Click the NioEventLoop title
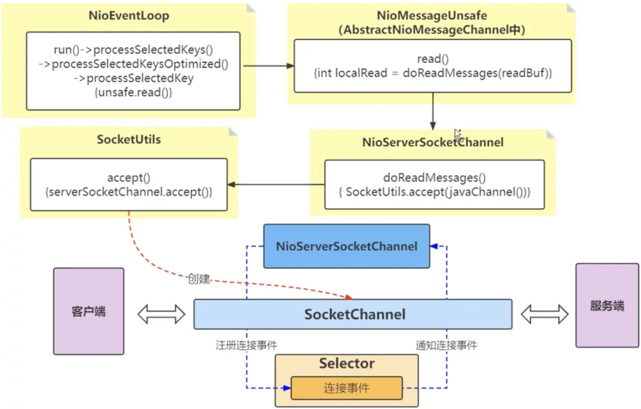130,16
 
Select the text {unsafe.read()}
133,92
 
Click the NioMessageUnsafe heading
432,15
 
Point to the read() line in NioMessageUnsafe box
432,59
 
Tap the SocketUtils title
128,140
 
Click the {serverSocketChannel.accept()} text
129,190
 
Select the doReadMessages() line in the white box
435,178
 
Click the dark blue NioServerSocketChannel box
347,246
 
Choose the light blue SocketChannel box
353,314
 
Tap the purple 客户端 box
89,311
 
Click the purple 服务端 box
607,305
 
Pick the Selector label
347,363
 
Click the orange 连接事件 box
347,388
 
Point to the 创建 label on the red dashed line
198,279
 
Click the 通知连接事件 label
446,345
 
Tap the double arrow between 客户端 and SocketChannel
161,314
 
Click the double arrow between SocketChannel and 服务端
545,314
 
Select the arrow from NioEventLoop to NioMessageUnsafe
269,66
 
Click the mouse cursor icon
458,135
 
